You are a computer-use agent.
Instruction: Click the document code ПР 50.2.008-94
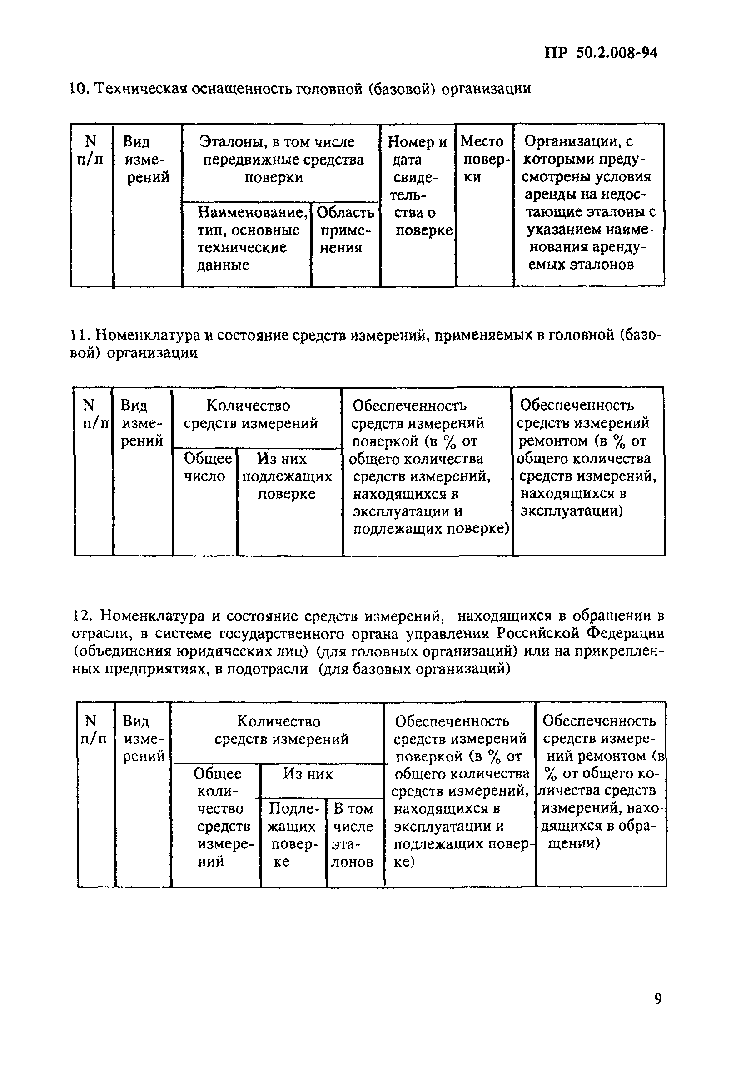tap(601, 53)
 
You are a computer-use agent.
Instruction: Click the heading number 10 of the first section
tap(78, 88)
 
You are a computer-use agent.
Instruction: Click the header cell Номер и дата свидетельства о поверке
tap(418, 186)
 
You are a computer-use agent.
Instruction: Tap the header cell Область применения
tap(345, 230)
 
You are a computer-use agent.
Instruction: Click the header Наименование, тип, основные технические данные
tap(247, 239)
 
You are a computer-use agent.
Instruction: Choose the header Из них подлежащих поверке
tap(287, 476)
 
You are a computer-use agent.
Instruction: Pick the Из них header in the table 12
tap(308, 774)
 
